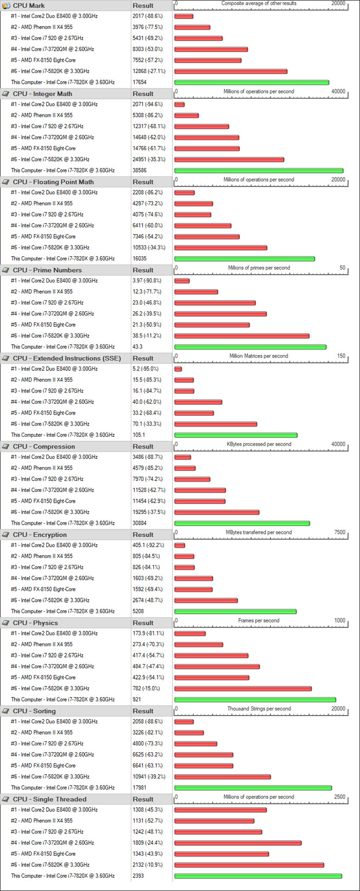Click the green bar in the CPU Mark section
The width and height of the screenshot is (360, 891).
pyautogui.click(x=251, y=82)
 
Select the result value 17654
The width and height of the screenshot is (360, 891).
pyautogui.click(x=139, y=82)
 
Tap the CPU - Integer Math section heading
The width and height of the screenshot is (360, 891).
pyautogui.click(x=43, y=94)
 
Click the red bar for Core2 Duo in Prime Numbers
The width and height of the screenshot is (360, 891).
pyautogui.click(x=182, y=281)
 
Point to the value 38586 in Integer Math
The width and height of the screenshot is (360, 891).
pyautogui.click(x=139, y=170)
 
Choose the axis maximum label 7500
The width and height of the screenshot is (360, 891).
pyautogui.click(x=339, y=532)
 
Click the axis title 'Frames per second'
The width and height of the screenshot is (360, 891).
pyautogui.click(x=259, y=620)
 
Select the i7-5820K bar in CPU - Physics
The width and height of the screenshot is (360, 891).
pyautogui.click(x=243, y=688)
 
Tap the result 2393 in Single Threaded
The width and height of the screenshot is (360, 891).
pyautogui.click(x=138, y=876)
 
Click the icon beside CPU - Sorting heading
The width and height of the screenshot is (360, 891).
pyautogui.click(x=6, y=711)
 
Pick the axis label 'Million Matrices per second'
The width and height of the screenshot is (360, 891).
pyautogui.click(x=259, y=356)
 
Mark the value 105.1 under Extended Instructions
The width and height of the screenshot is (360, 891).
pyautogui.click(x=138, y=435)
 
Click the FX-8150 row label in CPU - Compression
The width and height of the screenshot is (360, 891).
pyautogui.click(x=43, y=501)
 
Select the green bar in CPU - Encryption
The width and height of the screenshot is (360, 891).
pyautogui.click(x=236, y=611)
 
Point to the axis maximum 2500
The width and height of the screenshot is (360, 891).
pyautogui.click(x=339, y=797)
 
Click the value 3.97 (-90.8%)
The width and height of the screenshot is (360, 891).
pyautogui.click(x=147, y=281)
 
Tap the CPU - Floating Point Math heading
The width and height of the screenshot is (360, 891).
pyautogui.click(x=53, y=182)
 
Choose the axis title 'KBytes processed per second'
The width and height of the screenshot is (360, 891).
pyautogui.click(x=259, y=444)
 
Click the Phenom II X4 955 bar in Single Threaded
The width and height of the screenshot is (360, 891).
pyautogui.click(x=214, y=821)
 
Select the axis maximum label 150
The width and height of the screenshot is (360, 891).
pyautogui.click(x=341, y=356)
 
